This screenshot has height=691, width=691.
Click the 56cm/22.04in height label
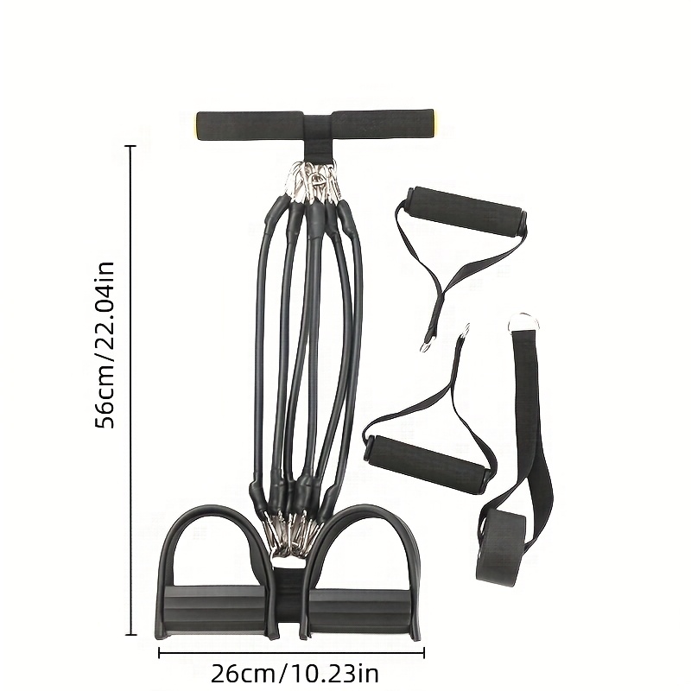106,345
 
